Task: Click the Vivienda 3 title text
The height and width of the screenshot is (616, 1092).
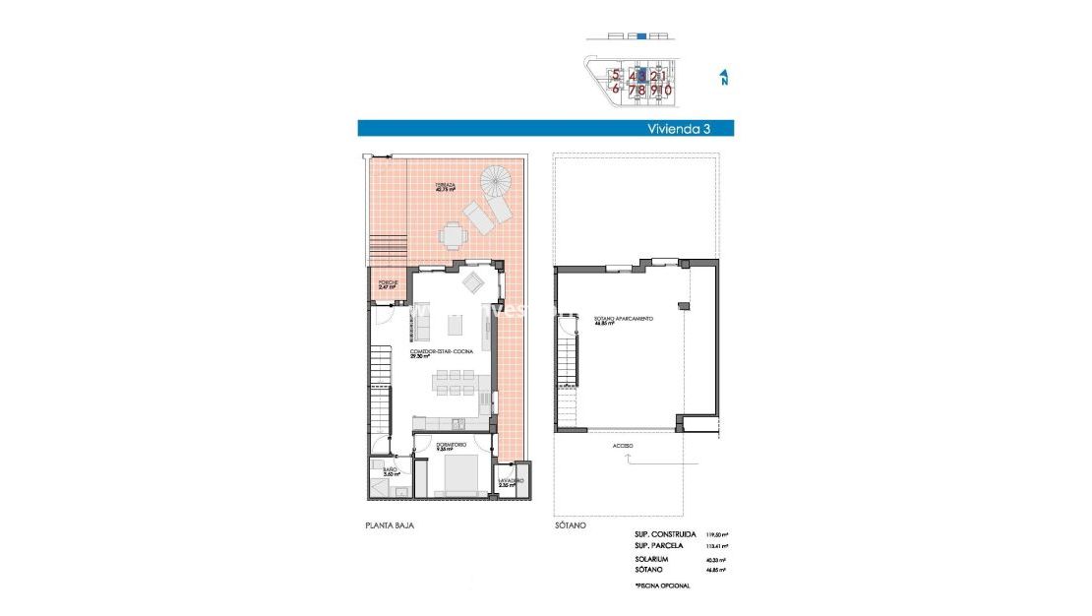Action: [x=679, y=128]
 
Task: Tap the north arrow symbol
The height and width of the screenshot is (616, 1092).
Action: [x=723, y=77]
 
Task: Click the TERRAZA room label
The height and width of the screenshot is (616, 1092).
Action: [x=447, y=187]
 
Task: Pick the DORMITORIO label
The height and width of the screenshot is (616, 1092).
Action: [x=452, y=446]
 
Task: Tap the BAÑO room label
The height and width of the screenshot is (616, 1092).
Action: [x=390, y=471]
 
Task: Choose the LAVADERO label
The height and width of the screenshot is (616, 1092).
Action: [x=510, y=482]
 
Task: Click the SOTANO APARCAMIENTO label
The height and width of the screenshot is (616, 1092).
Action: [x=623, y=320]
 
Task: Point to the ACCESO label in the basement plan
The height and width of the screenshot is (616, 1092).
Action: [x=622, y=445]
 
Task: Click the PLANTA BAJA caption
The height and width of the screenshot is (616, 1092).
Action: [x=390, y=526]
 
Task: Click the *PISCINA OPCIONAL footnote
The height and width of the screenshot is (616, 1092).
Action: [x=662, y=585]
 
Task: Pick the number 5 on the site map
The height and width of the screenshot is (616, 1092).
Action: [x=616, y=75]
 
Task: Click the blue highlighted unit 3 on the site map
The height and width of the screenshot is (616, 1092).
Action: [x=642, y=75]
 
